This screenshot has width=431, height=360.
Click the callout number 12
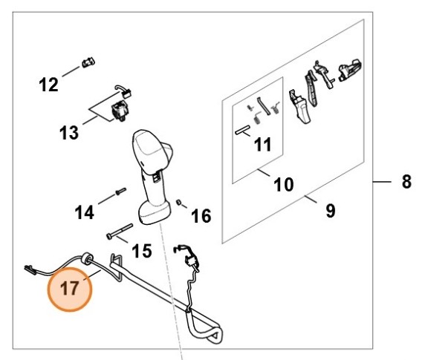click(x=48, y=85)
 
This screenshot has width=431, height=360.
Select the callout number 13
click(x=69, y=134)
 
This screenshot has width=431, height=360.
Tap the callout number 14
click(x=85, y=213)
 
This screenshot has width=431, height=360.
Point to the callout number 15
click(x=142, y=252)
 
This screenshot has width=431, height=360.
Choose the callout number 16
click(x=201, y=216)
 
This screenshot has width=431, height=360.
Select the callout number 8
click(x=406, y=182)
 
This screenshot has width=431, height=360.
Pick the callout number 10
click(x=284, y=184)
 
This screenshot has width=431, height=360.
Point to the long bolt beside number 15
click(x=119, y=231)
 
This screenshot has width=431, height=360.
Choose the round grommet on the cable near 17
click(x=86, y=258)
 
